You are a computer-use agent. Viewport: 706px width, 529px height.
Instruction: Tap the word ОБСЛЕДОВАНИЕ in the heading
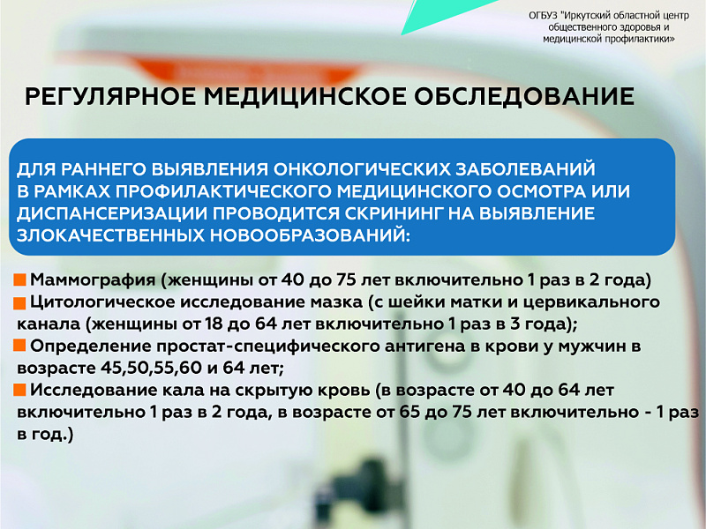(x=523, y=96)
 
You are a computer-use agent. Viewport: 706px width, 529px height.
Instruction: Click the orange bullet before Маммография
(x=19, y=280)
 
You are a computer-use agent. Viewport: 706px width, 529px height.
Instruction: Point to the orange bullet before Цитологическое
(x=19, y=302)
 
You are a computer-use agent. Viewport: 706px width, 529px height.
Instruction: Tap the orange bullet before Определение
(x=19, y=346)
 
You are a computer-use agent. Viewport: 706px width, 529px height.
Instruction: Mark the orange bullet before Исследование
(x=19, y=390)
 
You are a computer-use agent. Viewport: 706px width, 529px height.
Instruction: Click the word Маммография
(x=93, y=280)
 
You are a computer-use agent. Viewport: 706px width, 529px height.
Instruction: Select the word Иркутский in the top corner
(x=587, y=16)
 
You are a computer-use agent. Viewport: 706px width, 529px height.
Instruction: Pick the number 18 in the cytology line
(x=214, y=324)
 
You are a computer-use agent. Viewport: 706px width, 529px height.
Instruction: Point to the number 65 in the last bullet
(x=410, y=412)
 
